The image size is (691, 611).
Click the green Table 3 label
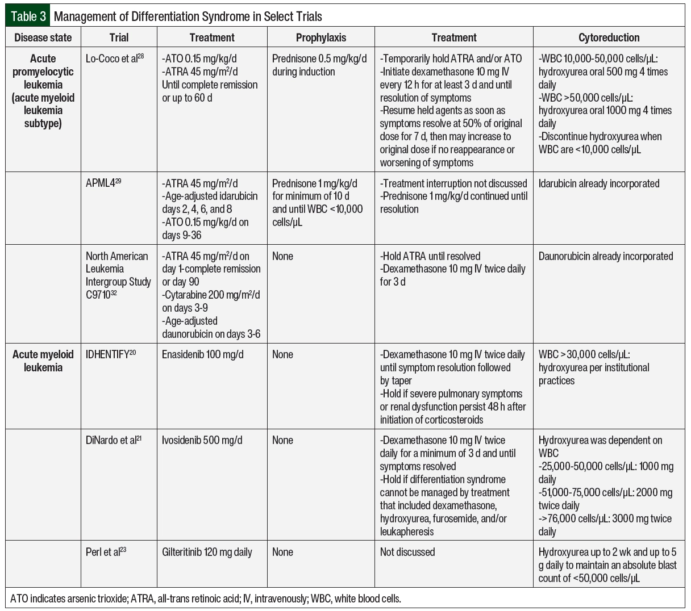pos(28,16)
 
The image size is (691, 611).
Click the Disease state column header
pos(43,37)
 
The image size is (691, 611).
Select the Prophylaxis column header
pos(320,37)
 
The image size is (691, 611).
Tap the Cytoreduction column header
pos(609,37)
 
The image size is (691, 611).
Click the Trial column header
pos(119,37)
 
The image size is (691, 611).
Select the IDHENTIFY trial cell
pos(111,354)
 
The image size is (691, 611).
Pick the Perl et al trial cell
pos(106,552)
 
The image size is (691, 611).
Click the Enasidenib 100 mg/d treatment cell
pos(203,354)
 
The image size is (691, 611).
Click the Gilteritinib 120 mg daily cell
pos(207,552)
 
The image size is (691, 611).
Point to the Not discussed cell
pos(407,552)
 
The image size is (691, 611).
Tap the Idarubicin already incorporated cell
pos(599,183)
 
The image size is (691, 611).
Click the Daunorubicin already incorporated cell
pos(606,256)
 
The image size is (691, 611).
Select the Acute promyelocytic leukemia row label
pos(43,91)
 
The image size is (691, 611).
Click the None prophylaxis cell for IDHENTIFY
pos(282,354)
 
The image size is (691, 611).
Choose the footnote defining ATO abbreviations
pos(206,599)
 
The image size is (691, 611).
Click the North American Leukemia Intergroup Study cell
pos(118,275)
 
